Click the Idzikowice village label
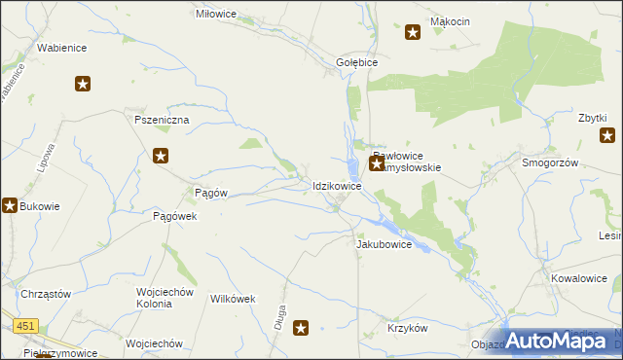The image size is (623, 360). (338, 185)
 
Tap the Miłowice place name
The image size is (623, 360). (217, 14)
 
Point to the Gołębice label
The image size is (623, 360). (356, 60)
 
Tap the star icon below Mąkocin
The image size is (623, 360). (413, 34)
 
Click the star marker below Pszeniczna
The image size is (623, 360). (162, 155)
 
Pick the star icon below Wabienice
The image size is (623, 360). (83, 84)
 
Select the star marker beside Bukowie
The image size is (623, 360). (10, 205)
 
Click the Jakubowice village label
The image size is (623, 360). (385, 244)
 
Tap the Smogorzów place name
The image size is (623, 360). (551, 163)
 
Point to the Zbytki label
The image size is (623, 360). (593, 118)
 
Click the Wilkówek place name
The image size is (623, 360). (233, 299)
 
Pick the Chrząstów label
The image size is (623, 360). (45, 294)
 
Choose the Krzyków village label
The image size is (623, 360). (407, 329)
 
